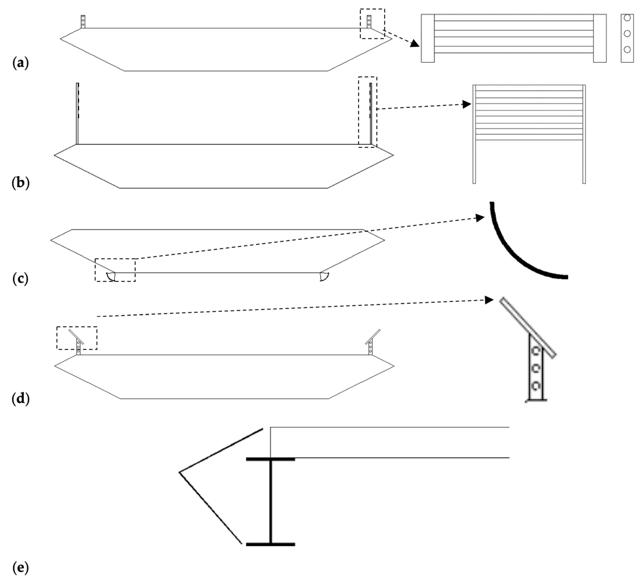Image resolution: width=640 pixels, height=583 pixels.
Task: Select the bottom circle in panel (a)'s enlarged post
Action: pyautogui.click(x=627, y=49)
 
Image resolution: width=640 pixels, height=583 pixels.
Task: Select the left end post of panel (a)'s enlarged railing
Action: pyautogui.click(x=428, y=38)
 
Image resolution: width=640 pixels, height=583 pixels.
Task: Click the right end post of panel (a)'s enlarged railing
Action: pyautogui.click(x=600, y=38)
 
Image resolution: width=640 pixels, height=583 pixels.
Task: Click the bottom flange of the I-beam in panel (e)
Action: pyautogui.click(x=271, y=544)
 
